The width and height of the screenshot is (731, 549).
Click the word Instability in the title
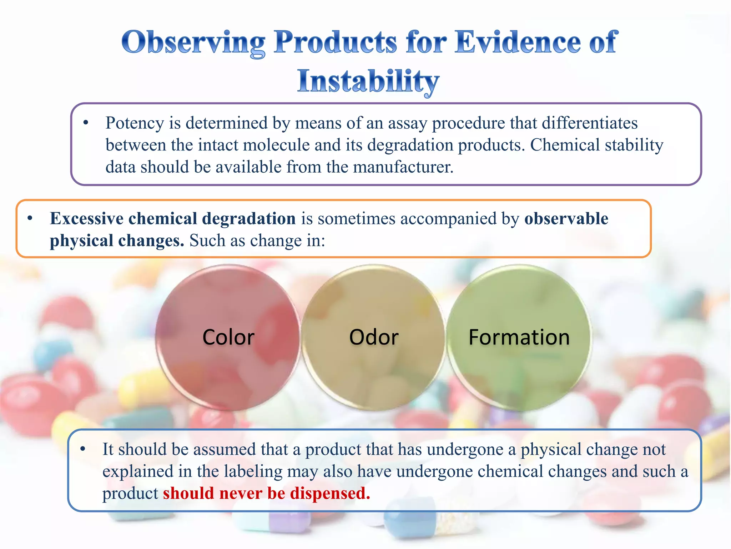click(368, 81)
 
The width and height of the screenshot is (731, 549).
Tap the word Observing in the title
click(193, 42)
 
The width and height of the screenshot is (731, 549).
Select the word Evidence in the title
click(518, 42)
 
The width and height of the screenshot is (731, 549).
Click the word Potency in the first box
click(135, 123)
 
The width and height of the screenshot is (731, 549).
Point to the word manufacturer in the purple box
click(403, 167)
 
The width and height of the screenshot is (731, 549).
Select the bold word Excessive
click(87, 218)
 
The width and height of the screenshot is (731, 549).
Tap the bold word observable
click(566, 218)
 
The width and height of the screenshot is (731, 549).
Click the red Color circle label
click(228, 337)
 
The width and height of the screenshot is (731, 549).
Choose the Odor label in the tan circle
click(374, 337)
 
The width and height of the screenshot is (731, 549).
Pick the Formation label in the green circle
click(519, 337)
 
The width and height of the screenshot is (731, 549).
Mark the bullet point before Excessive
click(30, 218)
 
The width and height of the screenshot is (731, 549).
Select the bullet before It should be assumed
click(83, 449)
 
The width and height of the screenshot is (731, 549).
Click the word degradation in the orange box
click(249, 218)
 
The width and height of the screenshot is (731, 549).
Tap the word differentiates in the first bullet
click(589, 123)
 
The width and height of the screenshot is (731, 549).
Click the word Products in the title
click(335, 42)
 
